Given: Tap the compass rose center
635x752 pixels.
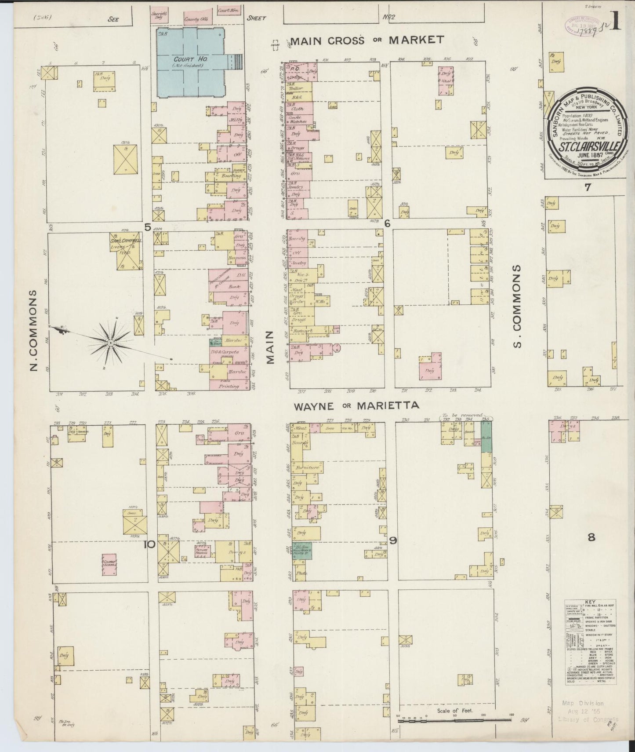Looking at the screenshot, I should tap(112, 342).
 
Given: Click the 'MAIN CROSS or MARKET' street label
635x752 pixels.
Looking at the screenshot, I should tap(366, 40).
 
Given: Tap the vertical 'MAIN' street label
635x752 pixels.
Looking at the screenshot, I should tap(269, 347).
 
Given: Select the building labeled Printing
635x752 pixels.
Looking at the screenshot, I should tap(229, 386).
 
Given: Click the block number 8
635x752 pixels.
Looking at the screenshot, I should tap(591, 537).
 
